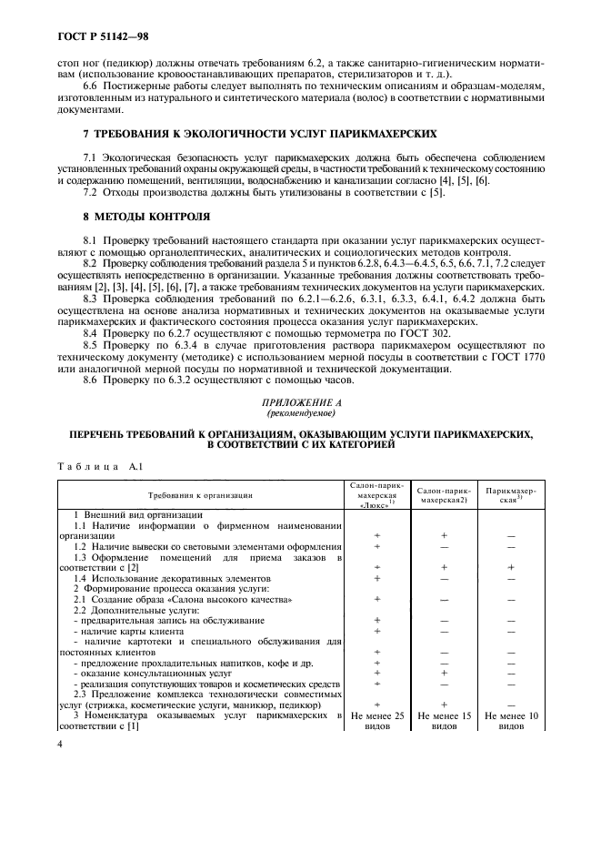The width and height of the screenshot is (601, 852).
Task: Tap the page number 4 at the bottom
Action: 59,744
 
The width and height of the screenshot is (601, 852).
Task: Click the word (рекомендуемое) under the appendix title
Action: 299,413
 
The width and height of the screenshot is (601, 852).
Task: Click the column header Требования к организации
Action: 196,495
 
